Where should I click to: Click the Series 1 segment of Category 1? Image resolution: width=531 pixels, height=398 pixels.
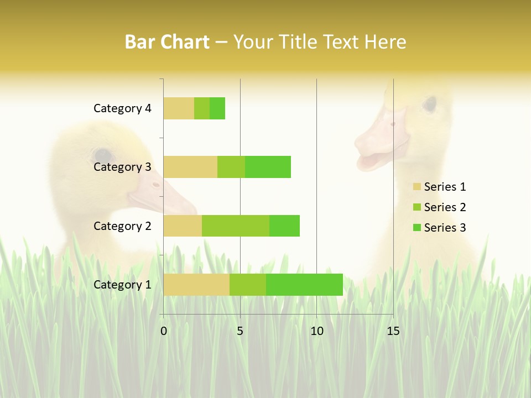tap(196, 285)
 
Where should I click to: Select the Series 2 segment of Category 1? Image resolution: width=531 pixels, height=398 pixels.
tap(248, 285)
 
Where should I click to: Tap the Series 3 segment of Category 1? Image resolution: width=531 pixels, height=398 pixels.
tap(304, 285)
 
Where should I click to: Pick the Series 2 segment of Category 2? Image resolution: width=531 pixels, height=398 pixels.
tap(236, 226)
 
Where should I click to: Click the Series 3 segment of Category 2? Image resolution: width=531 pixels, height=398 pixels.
tap(284, 226)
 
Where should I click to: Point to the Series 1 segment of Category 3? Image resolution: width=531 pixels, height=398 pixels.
tap(190, 167)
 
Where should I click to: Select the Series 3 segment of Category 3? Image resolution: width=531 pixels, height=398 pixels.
tap(268, 167)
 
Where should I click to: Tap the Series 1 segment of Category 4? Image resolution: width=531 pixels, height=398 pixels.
tap(179, 108)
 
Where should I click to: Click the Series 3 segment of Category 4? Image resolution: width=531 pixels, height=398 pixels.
tap(217, 108)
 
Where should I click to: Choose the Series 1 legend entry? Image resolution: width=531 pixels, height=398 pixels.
tap(439, 187)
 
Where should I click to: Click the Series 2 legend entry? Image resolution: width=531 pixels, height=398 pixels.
tap(439, 207)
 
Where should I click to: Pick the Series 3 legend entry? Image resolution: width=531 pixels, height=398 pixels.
tap(439, 228)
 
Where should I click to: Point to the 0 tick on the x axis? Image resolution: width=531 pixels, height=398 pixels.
tap(164, 331)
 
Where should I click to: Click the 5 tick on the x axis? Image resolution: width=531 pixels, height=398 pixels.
tap(240, 331)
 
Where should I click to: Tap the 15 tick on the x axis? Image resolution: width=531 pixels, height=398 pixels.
tap(393, 331)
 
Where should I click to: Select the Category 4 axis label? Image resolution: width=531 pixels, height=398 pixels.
tap(122, 108)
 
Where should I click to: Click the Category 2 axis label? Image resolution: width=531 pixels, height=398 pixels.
tap(122, 226)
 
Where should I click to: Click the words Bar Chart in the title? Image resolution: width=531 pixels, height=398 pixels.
tap(167, 42)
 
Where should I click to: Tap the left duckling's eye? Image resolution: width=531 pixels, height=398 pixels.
tap(102, 155)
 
